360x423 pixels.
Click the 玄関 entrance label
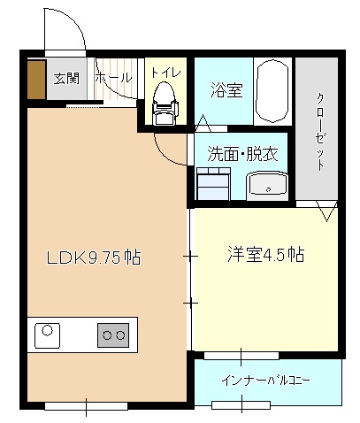click(x=66, y=79)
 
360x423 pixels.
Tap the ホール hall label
click(x=113, y=78)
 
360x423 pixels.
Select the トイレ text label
click(x=166, y=73)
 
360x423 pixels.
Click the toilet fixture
click(x=165, y=103)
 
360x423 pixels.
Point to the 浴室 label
click(x=226, y=90)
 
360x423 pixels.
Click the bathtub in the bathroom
click(x=272, y=91)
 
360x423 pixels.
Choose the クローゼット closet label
click(x=320, y=132)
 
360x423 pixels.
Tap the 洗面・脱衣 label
click(x=243, y=154)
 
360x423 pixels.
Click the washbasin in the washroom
click(x=267, y=186)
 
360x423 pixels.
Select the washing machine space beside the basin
click(x=213, y=183)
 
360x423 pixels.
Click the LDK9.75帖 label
click(x=94, y=257)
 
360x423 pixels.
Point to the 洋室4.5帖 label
click(x=265, y=255)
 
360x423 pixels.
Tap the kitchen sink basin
click(x=47, y=335)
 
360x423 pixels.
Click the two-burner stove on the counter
click(x=113, y=335)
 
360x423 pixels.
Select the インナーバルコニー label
click(x=265, y=381)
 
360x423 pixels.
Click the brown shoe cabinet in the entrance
click(x=36, y=80)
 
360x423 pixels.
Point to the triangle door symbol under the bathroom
click(x=203, y=123)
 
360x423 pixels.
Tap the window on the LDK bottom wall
click(x=86, y=406)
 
